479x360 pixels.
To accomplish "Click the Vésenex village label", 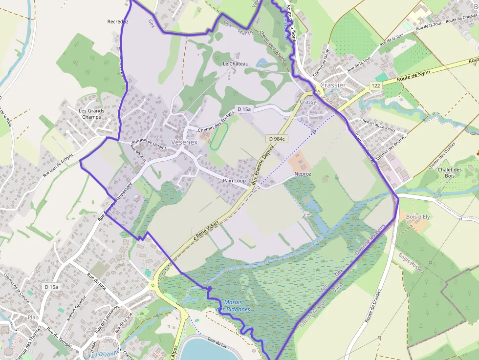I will [185, 142].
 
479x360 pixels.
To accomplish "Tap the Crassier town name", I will [333, 85].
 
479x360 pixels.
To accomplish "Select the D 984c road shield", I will [277, 139].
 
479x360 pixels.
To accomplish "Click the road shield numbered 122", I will [375, 86].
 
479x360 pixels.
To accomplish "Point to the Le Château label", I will [236, 64].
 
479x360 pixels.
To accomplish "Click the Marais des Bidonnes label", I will [233, 306].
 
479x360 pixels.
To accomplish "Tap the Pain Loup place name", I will [234, 181].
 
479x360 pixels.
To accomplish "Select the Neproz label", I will [303, 174].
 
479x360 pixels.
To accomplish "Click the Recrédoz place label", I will [118, 21].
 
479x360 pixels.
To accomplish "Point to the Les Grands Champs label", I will [91, 114].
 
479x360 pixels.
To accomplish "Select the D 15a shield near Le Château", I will [243, 109].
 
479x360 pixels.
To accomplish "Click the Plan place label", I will [33, 317].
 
